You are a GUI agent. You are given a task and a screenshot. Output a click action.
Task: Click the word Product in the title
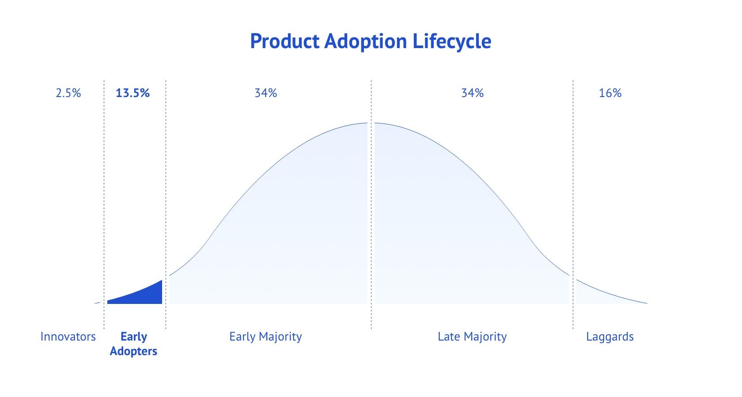[285, 41]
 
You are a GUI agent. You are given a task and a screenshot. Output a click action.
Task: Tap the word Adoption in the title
[366, 41]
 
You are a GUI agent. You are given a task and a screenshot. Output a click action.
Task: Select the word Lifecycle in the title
[452, 41]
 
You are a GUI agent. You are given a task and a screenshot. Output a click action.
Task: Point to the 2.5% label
[68, 93]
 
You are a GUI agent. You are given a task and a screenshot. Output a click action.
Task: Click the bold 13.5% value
[132, 93]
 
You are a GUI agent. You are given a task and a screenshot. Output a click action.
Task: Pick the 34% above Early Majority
[266, 93]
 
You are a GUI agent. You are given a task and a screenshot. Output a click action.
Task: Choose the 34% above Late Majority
[473, 93]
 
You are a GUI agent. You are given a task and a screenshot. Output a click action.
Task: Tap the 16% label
[610, 93]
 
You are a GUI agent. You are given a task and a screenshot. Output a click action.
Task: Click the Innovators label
[68, 337]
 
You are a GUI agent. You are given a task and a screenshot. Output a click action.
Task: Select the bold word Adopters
[133, 351]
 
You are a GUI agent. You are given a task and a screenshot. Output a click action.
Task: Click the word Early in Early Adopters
[133, 337]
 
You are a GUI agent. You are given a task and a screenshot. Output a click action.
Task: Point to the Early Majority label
[266, 337]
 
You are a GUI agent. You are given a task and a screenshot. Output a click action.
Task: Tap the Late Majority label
[472, 337]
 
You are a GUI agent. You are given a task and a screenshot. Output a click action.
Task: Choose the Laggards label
[610, 337]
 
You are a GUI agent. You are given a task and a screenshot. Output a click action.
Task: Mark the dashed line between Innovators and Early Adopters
[104, 205]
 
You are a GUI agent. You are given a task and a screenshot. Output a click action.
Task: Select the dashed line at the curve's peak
[371, 205]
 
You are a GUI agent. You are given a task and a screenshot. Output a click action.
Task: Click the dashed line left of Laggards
[573, 205]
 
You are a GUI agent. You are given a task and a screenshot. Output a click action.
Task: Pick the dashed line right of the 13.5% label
[166, 205]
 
